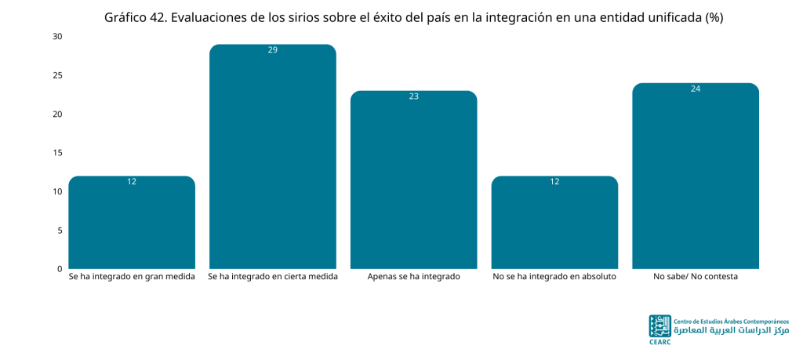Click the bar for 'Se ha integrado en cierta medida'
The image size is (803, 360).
tap(272, 156)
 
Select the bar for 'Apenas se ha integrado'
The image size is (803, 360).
tap(414, 180)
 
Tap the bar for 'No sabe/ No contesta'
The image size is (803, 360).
tap(696, 176)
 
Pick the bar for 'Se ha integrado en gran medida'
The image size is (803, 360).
tap(132, 222)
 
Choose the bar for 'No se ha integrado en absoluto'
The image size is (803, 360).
tap(554, 222)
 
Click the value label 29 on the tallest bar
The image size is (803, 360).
tap(272, 50)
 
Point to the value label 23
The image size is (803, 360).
tap(414, 96)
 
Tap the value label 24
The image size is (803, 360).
tap(696, 89)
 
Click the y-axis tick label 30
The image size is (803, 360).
tap(57, 37)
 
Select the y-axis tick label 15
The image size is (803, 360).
tap(57, 153)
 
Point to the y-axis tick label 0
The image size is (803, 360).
tap(60, 268)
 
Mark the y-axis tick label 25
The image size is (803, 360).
tap(57, 75)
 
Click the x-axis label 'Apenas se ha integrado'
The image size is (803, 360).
tap(414, 277)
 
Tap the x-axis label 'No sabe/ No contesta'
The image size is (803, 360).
tap(696, 277)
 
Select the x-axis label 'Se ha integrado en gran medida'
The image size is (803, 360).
tap(132, 277)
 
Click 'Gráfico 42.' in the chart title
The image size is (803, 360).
tap(134, 18)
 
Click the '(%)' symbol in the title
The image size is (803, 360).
tap(714, 18)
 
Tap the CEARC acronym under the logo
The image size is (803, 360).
tap(659, 341)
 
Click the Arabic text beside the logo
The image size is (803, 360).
tap(732, 330)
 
